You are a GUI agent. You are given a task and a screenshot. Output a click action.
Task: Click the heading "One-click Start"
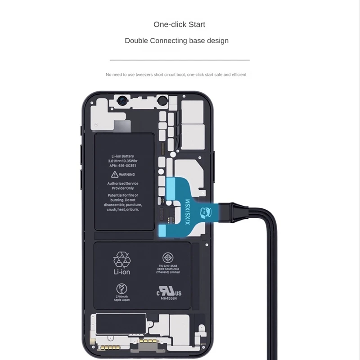(x=179, y=24)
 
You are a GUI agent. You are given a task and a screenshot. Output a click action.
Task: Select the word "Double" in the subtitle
(x=136, y=40)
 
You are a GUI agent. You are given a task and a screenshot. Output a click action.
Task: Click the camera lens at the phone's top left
(x=121, y=102)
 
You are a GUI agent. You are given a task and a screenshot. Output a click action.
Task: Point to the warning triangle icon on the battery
(x=115, y=174)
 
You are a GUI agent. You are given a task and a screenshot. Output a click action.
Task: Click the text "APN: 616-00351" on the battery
(x=122, y=165)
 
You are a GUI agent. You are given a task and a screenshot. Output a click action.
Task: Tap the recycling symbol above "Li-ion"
(x=122, y=260)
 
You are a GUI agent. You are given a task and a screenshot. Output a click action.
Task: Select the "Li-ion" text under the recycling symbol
(x=122, y=272)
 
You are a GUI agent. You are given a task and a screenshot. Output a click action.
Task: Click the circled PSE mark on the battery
(x=121, y=288)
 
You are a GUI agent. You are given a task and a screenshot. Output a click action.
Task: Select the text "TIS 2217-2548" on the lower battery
(x=168, y=265)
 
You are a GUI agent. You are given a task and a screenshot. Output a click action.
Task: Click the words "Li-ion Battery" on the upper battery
(x=122, y=156)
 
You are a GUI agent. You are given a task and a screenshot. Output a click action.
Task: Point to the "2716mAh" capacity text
(x=122, y=297)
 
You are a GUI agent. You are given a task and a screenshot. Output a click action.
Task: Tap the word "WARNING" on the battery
(x=126, y=175)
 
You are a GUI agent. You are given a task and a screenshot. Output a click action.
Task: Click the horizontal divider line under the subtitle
(x=180, y=59)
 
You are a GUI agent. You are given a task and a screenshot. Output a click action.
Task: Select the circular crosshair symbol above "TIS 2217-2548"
(x=168, y=258)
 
